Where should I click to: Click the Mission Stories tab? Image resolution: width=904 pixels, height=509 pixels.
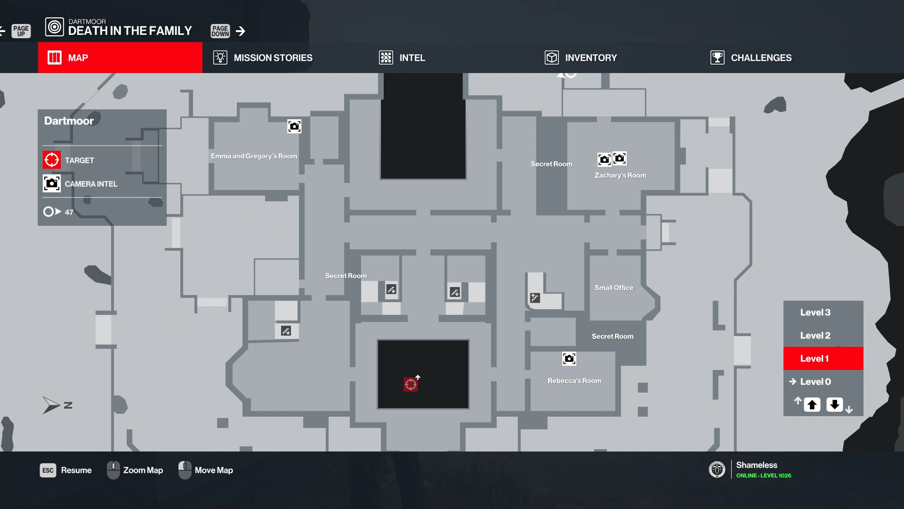(x=263, y=57)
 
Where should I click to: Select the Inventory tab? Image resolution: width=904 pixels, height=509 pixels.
(x=581, y=57)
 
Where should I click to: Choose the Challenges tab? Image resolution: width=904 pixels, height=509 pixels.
(x=751, y=57)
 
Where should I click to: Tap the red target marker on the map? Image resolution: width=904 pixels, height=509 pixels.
(x=411, y=385)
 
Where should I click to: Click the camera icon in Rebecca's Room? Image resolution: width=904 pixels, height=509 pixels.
(x=569, y=359)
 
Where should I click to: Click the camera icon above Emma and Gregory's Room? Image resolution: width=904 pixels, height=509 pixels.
(x=294, y=126)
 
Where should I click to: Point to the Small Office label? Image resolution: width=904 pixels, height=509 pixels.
(x=614, y=287)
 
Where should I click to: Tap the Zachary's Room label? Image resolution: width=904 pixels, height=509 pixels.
(x=621, y=175)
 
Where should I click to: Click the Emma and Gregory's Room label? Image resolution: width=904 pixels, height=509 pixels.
(x=254, y=156)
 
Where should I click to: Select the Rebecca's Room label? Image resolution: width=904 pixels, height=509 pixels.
(x=574, y=381)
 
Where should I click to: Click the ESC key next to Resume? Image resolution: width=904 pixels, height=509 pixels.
(x=48, y=470)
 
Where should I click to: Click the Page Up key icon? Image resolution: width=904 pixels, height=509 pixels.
(x=21, y=31)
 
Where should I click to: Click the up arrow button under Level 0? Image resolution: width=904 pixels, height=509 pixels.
(x=812, y=405)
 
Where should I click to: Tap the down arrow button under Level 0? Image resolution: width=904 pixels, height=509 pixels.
(x=835, y=405)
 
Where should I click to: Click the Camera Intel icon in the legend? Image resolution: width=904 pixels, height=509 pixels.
(x=52, y=183)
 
